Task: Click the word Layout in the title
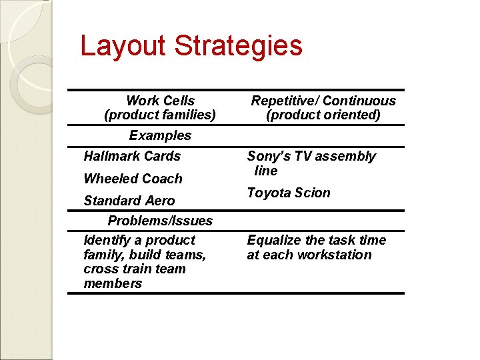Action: (x=123, y=46)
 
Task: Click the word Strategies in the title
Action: (x=238, y=46)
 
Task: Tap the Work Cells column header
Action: (x=160, y=101)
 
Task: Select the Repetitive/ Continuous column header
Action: (x=323, y=101)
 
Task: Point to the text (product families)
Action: (x=160, y=115)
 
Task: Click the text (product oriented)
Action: (x=323, y=115)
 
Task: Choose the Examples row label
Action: (x=160, y=135)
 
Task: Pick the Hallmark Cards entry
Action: (x=132, y=156)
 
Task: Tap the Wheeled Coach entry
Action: (x=133, y=179)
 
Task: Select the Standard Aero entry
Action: (x=129, y=201)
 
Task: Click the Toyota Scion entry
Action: (x=289, y=193)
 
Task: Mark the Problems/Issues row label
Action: (x=160, y=221)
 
